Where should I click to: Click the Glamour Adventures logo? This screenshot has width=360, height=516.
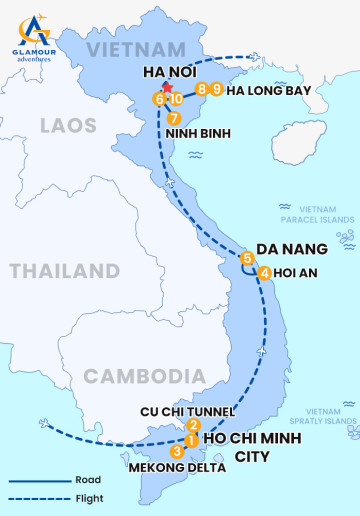[34, 39]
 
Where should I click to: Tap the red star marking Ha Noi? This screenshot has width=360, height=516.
[167, 88]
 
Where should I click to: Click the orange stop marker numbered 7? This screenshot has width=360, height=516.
[175, 119]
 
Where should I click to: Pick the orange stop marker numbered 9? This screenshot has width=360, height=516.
[217, 90]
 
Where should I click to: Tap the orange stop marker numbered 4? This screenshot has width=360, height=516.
[264, 273]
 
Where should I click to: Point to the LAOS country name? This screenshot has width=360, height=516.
[69, 126]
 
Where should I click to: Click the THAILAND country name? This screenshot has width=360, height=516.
[64, 271]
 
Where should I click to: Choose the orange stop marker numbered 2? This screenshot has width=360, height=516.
[194, 425]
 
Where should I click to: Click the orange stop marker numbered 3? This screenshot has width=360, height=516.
[177, 452]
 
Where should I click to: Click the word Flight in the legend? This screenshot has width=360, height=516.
[88, 498]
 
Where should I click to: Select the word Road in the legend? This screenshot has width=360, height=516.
[87, 480]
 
